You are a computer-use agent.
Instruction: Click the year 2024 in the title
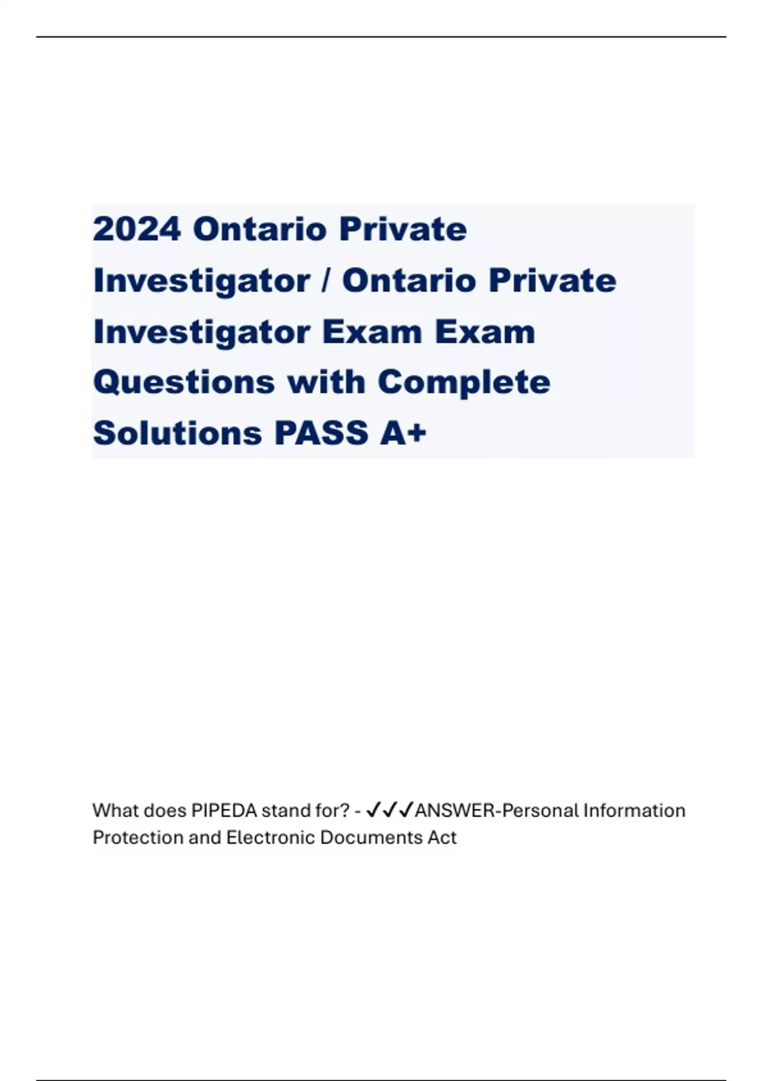tap(137, 229)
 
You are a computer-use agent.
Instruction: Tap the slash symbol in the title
tap(326, 280)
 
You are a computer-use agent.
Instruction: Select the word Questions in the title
tap(184, 383)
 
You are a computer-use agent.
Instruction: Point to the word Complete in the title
tap(464, 383)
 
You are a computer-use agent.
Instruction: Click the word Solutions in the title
tap(177, 434)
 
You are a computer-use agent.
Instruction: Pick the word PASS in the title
tap(321, 434)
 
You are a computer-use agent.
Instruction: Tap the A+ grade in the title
tap(403, 434)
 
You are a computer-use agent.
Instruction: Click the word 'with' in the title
tap(326, 383)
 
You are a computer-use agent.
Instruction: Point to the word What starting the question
tap(116, 811)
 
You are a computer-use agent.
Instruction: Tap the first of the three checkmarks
tap(374, 810)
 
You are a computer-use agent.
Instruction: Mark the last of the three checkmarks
tap(406, 810)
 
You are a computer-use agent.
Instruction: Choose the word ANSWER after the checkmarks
tap(455, 811)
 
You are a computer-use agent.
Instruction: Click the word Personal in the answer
tap(540, 811)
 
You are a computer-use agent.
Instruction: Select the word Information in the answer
tap(635, 811)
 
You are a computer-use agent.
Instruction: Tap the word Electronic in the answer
tap(270, 837)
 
